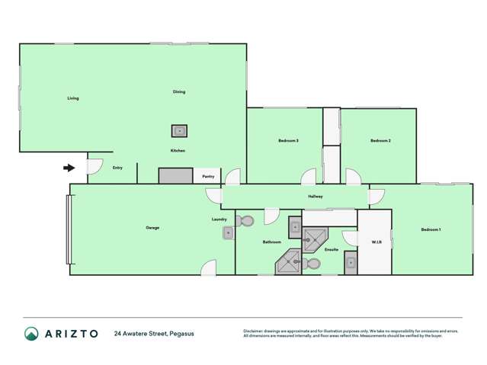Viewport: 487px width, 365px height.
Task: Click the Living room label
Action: pos(73,98)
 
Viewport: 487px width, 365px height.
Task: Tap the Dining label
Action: pos(179,92)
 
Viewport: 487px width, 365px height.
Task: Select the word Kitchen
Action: pos(178,151)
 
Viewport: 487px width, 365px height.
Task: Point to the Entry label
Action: pos(117,168)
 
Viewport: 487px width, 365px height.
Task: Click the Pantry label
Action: pos(208,176)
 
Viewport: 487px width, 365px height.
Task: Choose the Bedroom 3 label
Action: pos(287,141)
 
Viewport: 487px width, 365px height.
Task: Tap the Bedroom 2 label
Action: pos(380,141)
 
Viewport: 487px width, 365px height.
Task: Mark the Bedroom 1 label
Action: pos(431,229)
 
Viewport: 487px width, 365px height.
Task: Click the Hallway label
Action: pos(316,197)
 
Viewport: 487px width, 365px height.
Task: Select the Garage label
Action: pos(152,228)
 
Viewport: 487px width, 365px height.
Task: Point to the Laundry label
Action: pos(219,220)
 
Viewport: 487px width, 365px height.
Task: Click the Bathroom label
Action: pos(272,242)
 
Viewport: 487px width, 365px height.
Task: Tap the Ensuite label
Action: pos(332,249)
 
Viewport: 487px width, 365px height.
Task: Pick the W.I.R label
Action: pos(376,242)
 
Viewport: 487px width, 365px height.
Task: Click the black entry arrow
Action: pos(69,168)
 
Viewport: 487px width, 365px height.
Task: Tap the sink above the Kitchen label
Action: pos(179,130)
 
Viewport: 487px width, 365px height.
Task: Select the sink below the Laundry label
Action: pos(227,234)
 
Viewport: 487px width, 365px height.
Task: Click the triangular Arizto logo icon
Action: pos(31,333)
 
